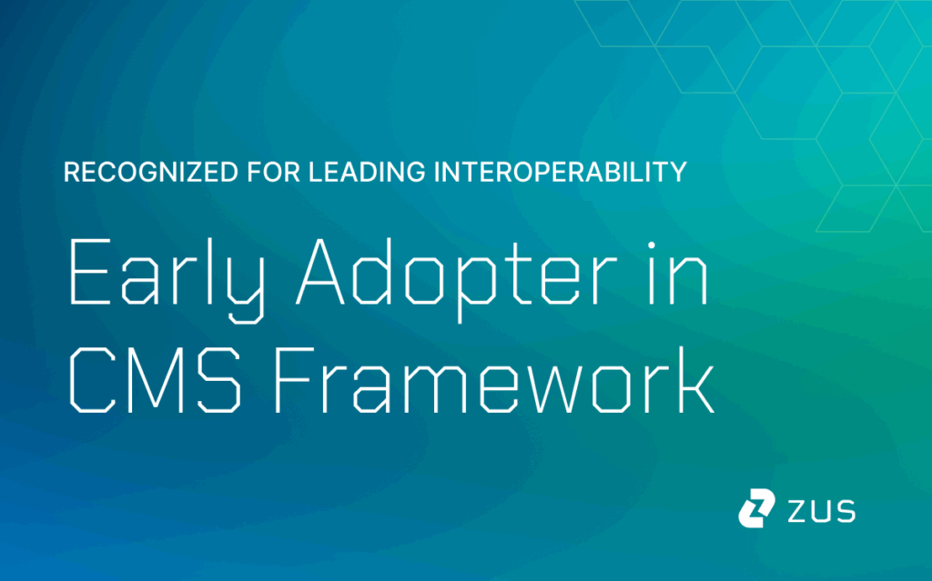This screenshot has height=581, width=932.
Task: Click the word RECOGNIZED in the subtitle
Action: [x=151, y=172]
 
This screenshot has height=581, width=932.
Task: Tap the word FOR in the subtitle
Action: [x=273, y=172]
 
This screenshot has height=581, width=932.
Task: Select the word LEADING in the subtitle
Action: [x=367, y=172]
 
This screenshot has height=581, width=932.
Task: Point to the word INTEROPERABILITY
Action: [x=561, y=172]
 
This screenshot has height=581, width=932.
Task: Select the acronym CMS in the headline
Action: [x=155, y=380]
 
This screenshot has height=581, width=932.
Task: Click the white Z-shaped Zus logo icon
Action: [x=756, y=508]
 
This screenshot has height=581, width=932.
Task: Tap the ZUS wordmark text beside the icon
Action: [x=822, y=511]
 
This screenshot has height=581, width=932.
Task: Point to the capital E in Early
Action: [x=90, y=272]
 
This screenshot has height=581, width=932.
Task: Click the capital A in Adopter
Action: [x=320, y=272]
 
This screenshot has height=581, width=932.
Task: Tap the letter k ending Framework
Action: [x=695, y=379]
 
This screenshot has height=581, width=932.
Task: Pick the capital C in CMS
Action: [x=92, y=380]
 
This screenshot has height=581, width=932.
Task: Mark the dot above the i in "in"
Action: [x=652, y=245]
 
